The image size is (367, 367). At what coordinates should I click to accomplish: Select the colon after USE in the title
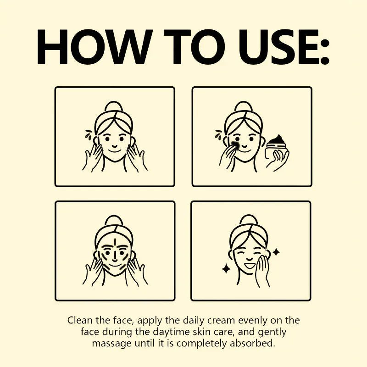coord(324,51)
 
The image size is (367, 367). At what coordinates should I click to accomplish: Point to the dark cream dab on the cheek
coord(235,145)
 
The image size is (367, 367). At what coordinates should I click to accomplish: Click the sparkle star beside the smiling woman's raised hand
coord(276,252)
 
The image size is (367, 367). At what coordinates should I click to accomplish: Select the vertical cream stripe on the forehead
coord(114,242)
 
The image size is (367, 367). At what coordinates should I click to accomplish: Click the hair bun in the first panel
coord(114,106)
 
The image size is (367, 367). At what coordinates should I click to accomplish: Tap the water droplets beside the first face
coord(89,134)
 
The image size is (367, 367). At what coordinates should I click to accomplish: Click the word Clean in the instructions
coord(78,320)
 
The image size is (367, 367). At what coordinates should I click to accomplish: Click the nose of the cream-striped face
coord(115,258)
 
